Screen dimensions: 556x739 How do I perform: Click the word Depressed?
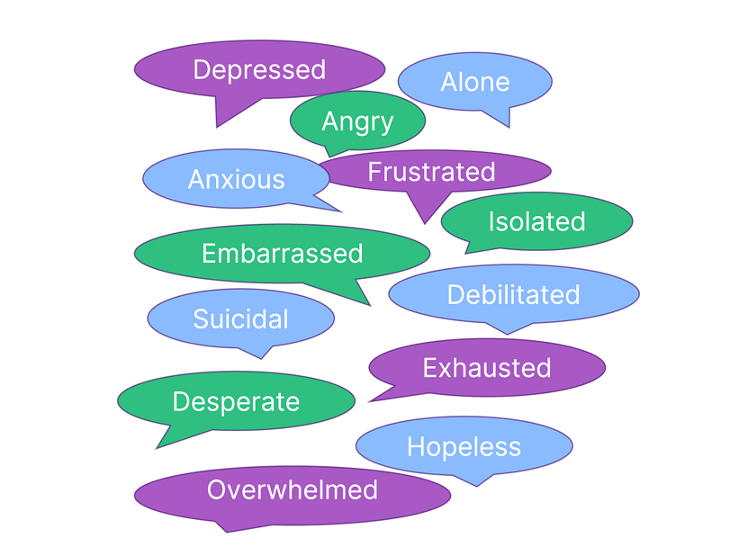coord(259,69)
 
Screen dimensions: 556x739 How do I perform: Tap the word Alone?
coord(474,82)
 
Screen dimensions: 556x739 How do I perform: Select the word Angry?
coord(357,121)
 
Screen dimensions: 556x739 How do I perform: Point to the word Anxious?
coord(236,179)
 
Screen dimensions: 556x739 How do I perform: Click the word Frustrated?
coord(431,171)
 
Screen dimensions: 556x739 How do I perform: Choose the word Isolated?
coord(536,221)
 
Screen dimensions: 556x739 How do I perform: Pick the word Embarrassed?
coord(282,254)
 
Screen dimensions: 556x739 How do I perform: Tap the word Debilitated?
coord(513,294)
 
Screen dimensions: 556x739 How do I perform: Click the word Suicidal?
coord(240,318)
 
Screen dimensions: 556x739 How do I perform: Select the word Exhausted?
coord(487,367)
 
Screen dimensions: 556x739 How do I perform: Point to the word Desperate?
coord(236,401)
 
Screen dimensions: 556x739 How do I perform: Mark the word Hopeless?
coord(464,446)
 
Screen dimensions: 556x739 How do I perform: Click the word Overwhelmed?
coord(293,490)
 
